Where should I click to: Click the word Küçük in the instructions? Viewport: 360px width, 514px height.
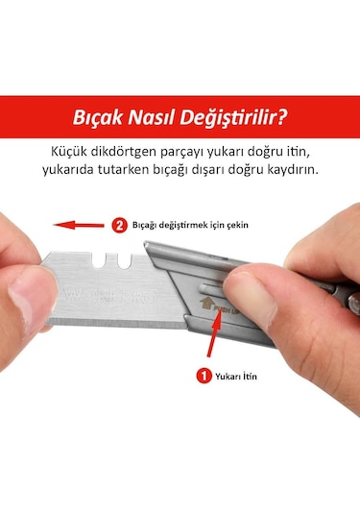coord(73,152)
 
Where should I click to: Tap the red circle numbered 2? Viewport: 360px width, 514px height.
coord(119,226)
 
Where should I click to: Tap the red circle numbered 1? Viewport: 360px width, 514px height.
coord(204,376)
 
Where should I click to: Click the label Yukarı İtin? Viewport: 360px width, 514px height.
coord(235,377)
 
